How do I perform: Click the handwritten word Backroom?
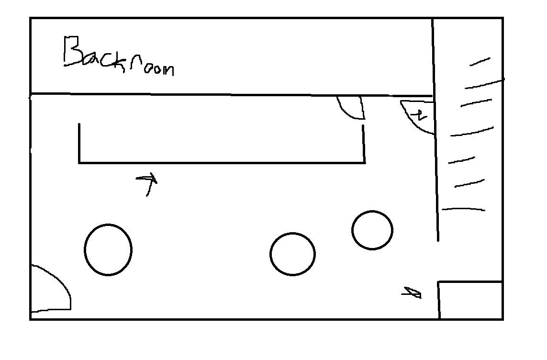coord(119,56)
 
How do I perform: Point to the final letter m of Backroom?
coord(168,70)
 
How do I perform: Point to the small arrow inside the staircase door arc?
coord(418,115)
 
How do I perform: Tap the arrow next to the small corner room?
coord(412,293)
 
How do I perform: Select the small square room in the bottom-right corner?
coord(470,300)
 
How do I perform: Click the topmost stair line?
coord(480,62)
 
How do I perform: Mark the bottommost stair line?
coord(463,209)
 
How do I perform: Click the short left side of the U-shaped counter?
coord(79,143)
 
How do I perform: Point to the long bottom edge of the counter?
coord(222,163)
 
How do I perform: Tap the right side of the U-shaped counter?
coord(364,144)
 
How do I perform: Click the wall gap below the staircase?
coord(438,261)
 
